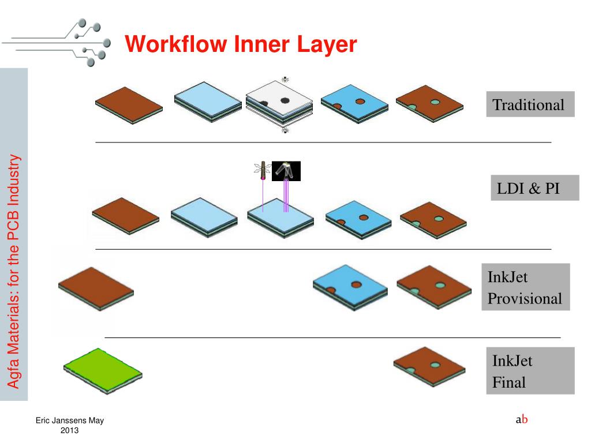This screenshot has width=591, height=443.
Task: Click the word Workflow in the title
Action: tap(175, 44)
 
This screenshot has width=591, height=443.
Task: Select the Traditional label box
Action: tap(530, 104)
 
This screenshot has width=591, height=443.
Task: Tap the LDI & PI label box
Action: tap(535, 187)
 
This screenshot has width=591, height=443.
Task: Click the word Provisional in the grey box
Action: tap(525, 298)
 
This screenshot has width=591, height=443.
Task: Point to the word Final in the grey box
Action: tap(509, 382)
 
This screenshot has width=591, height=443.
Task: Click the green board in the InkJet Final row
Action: tap(103, 371)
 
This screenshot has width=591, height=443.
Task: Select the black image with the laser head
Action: tap(286, 171)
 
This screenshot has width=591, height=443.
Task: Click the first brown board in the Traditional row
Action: tap(129, 105)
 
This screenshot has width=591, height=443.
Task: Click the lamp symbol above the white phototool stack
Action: tap(285, 80)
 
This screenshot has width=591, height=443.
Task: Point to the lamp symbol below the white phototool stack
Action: tap(285, 130)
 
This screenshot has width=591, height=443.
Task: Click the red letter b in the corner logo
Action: tap(524, 419)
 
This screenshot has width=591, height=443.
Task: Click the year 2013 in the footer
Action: tap(70, 430)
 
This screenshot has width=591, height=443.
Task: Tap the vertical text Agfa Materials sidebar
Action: tap(14, 271)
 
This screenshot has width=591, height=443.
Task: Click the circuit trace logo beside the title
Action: tap(57, 42)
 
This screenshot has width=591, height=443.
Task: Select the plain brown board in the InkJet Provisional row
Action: tap(96, 288)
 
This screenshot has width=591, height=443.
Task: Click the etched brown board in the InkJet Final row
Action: tap(429, 366)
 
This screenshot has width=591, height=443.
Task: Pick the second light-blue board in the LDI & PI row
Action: tap(280, 218)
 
